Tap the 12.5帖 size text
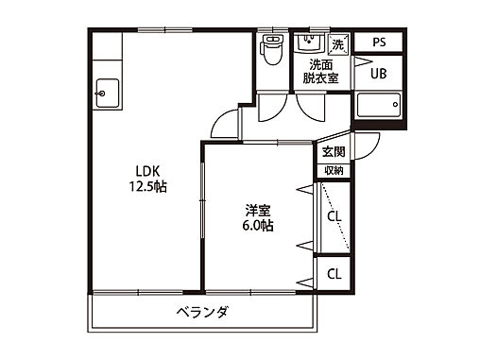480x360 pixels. [x=148, y=187]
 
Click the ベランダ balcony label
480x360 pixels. [x=201, y=313]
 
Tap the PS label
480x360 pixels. [x=378, y=43]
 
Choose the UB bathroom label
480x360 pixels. [x=378, y=74]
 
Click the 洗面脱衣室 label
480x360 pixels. [x=317, y=73]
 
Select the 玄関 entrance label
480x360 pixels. [x=333, y=152]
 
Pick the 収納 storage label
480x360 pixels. [x=334, y=170]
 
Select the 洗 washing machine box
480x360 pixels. [x=339, y=44]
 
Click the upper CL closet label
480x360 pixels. [x=334, y=216]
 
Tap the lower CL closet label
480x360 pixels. [x=334, y=274]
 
